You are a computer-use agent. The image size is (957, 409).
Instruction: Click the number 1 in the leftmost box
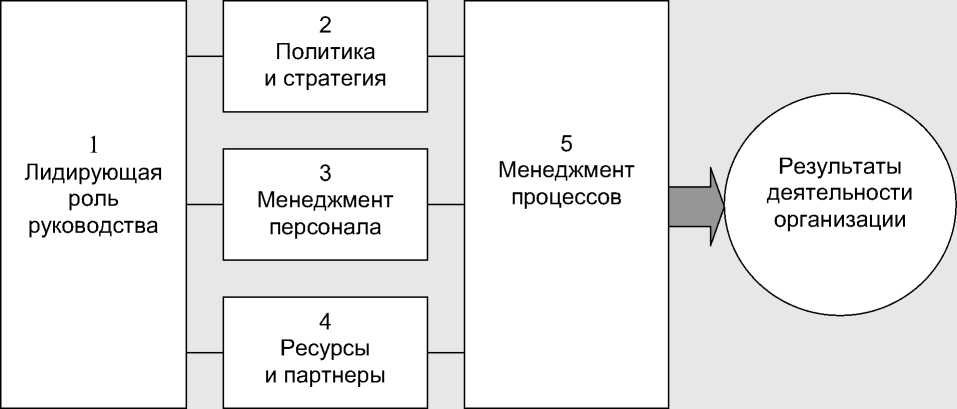coord(93,143)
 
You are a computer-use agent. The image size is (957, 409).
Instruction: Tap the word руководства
coord(93,226)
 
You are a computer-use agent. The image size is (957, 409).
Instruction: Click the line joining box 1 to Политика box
coord(205,56)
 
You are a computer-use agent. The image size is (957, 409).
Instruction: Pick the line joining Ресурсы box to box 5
coord(445,353)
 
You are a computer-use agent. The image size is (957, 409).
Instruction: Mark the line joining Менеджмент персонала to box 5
coord(445,205)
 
